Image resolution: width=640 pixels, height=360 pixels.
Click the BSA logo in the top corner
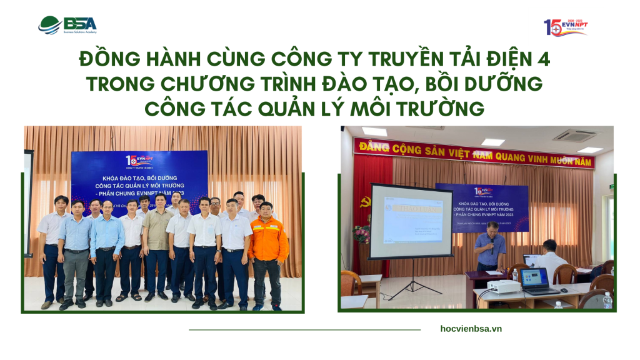67,25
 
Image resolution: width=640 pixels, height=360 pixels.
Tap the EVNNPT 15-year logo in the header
565,27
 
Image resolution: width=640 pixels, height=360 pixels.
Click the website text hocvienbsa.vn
471,329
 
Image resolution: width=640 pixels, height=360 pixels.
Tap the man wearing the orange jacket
268,250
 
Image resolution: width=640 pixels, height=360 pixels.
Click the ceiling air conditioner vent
573,135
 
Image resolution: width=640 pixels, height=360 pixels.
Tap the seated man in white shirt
551,256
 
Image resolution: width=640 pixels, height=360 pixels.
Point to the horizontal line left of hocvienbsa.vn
304,329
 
